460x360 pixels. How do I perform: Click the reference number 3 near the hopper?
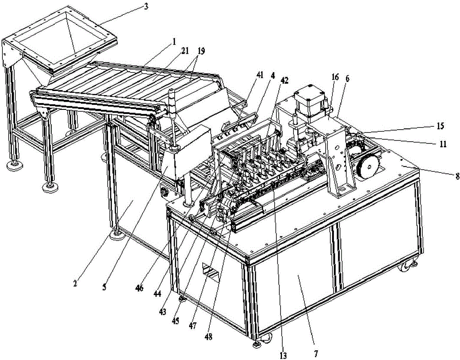pos(146,6)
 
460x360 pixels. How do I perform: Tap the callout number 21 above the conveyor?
pos(184,51)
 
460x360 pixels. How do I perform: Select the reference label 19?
pos(201,51)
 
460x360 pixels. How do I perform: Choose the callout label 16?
pos(335,77)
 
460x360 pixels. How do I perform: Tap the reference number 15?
pos(440,126)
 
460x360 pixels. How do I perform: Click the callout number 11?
pos(443,143)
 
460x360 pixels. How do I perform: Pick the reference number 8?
pos(457,177)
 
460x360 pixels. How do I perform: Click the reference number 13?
pos(283,355)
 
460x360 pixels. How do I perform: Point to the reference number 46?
pos(139,288)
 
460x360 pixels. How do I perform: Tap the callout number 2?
pos(75,284)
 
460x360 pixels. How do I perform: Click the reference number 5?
pos(104,286)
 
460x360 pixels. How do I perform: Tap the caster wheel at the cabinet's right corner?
pos(406,267)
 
